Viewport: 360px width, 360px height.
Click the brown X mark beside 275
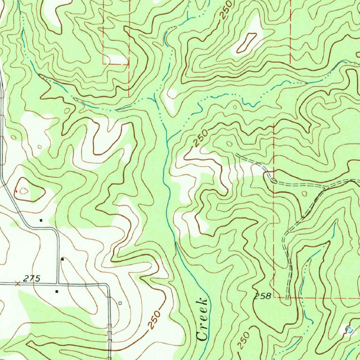[x=18, y=283]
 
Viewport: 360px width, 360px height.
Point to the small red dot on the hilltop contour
[x=16, y=191]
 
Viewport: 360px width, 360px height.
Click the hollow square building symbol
[x=120, y=303]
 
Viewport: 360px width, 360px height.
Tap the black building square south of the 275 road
[x=57, y=291]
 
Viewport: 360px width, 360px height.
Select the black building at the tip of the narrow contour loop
[x=62, y=259]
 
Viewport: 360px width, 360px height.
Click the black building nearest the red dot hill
[x=41, y=220]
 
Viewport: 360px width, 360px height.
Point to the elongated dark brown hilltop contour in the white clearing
[x=246, y=43]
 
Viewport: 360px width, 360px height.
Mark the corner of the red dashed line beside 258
[x=274, y=297]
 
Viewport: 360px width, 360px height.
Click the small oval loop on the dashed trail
[x=274, y=181]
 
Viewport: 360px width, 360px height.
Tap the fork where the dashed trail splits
[x=324, y=186]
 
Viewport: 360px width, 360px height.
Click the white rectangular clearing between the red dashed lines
[x=116, y=59]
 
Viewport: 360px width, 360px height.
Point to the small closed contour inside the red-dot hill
[x=24, y=191]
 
